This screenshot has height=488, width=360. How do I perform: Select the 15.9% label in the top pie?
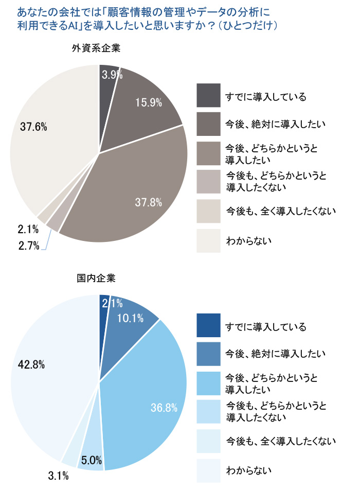point(149,102)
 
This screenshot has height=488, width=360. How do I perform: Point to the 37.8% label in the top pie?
point(149,202)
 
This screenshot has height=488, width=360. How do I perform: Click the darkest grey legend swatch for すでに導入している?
point(208,96)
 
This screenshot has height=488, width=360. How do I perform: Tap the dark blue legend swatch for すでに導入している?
point(208,326)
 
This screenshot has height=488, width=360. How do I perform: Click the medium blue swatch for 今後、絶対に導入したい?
point(208,354)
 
